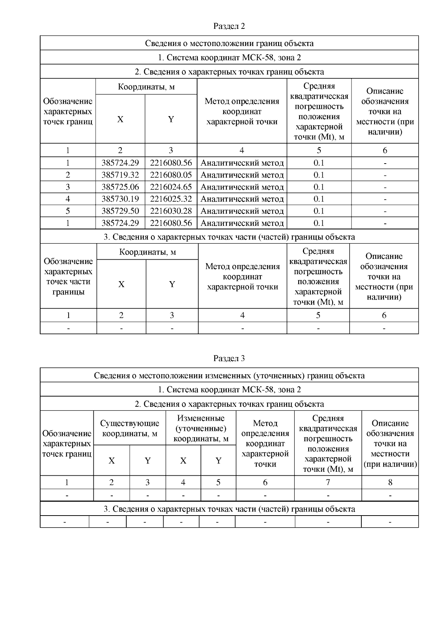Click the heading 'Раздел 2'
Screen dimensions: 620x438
click(x=229, y=26)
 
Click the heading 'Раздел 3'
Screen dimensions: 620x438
click(x=229, y=358)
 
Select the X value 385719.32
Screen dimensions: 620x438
click(x=120, y=175)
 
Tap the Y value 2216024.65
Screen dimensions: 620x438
click(x=171, y=187)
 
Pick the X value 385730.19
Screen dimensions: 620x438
click(x=120, y=199)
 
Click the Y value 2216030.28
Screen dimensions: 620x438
click(x=171, y=211)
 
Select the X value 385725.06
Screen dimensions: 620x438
click(x=120, y=187)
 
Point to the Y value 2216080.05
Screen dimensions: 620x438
click(x=171, y=175)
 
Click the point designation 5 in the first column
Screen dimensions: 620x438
click(x=68, y=211)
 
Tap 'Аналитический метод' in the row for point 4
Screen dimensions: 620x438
click(x=242, y=199)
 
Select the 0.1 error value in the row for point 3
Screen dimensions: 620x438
click(x=319, y=187)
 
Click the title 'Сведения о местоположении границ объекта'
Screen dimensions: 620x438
click(x=229, y=43)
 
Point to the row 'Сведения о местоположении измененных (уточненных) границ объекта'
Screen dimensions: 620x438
click(x=229, y=375)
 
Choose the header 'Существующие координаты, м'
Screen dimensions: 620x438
click(x=130, y=428)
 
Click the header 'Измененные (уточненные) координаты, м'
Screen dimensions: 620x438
click(x=201, y=428)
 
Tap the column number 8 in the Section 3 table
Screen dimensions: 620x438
click(x=390, y=482)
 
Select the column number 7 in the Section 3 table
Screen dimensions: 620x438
click(x=328, y=482)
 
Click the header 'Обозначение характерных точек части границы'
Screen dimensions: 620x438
click(x=68, y=276)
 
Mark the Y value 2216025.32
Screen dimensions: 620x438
click(x=171, y=199)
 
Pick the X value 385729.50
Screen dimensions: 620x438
click(x=120, y=211)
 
